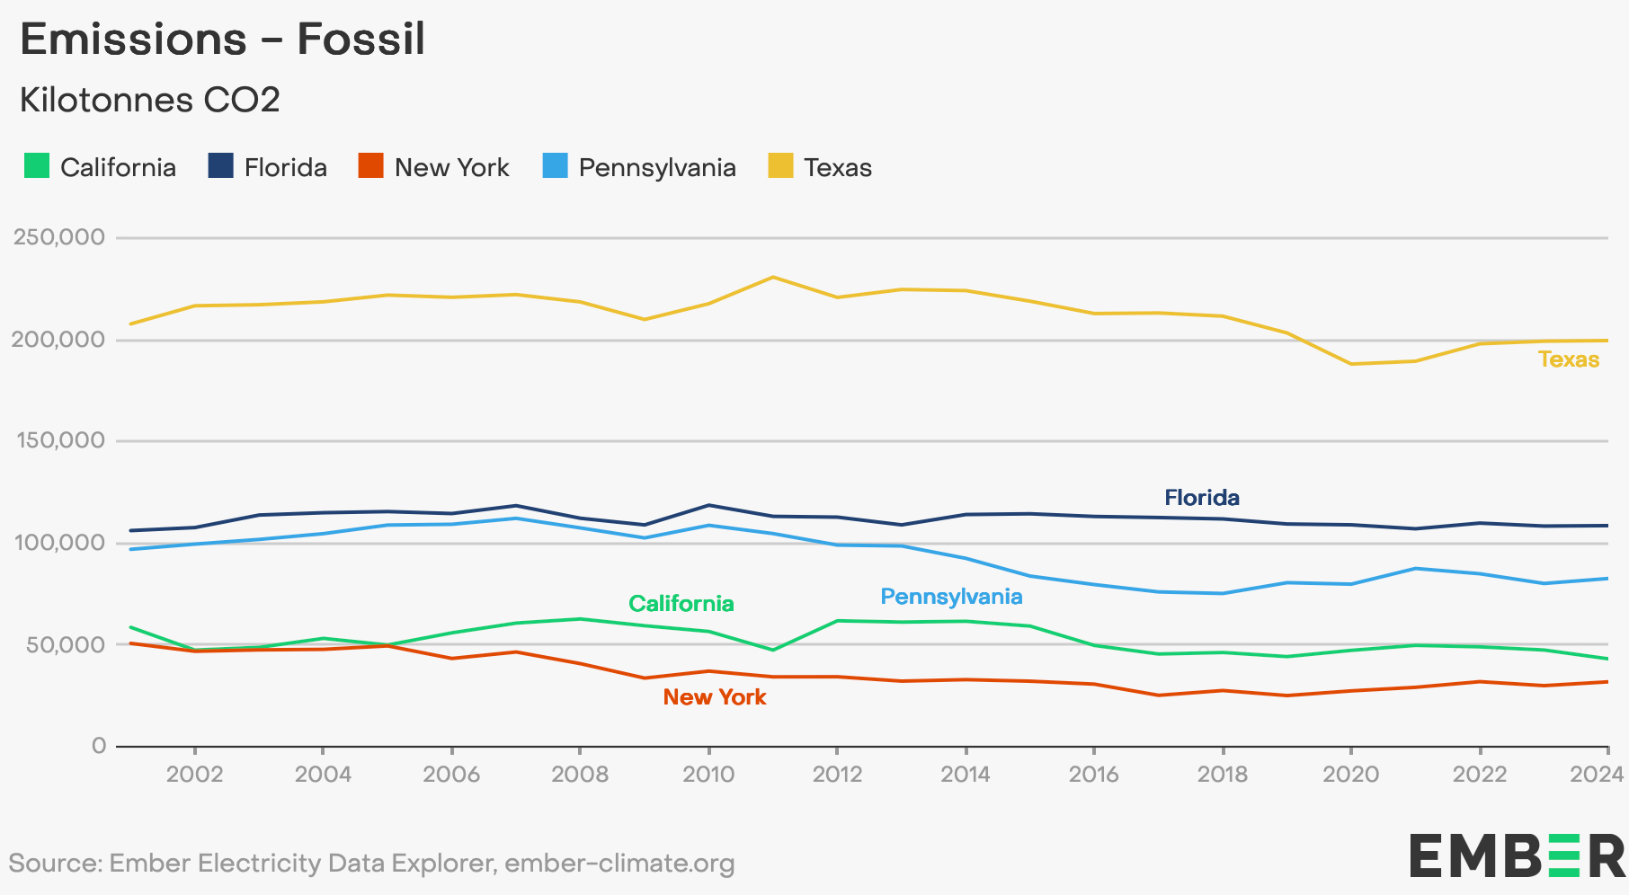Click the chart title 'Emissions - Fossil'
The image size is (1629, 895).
[222, 40]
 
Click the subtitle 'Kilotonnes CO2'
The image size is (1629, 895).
[150, 100]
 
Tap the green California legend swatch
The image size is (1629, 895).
[37, 166]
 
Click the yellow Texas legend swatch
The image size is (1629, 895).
[780, 166]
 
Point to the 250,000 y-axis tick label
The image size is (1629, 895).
[59, 238]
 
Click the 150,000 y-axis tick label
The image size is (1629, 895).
[59, 441]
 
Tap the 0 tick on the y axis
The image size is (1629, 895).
[99, 746]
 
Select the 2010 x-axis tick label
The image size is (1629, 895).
[708, 774]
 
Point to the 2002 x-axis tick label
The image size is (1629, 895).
[194, 774]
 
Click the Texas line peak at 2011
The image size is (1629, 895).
[773, 277]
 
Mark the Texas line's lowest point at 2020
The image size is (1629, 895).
[1351, 364]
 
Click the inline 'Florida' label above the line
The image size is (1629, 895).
[1202, 498]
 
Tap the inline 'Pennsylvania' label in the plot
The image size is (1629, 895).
[951, 597]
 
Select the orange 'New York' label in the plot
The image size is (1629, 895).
[715, 697]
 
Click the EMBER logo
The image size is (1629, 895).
[1518, 855]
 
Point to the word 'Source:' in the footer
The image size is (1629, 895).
[55, 864]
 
